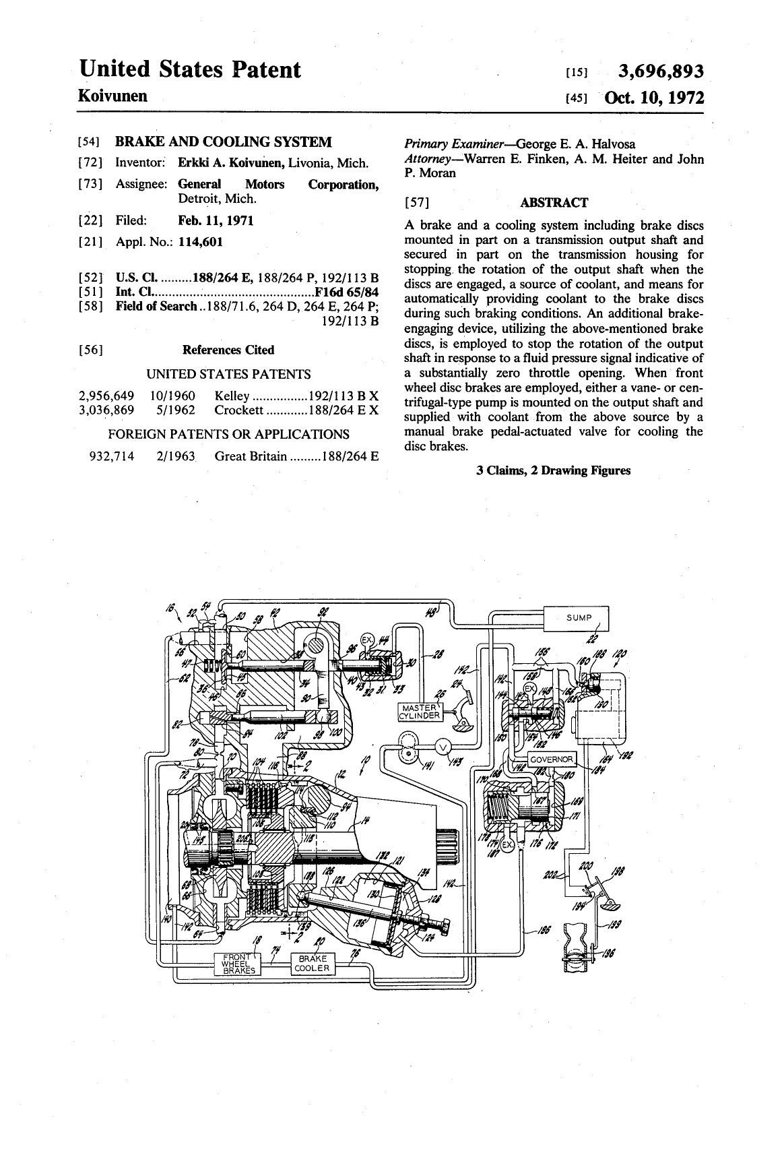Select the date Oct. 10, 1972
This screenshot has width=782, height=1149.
click(655, 98)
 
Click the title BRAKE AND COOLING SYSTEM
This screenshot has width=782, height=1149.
click(224, 142)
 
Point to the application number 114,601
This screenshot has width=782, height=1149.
click(200, 241)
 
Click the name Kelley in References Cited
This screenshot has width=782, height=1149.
click(232, 396)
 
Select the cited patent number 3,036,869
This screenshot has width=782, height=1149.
click(106, 410)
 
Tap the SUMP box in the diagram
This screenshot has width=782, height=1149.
click(579, 617)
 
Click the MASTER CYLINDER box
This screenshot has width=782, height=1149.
click(420, 712)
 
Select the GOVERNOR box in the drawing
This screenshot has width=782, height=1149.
click(552, 759)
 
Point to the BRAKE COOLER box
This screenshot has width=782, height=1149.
click(312, 964)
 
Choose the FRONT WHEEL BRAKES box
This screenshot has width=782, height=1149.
click(238, 964)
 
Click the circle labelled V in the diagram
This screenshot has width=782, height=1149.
click(443, 746)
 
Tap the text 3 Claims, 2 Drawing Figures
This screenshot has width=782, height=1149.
click(553, 470)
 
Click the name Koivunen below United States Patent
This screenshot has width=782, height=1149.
click(113, 96)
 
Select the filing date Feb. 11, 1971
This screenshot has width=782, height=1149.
click(216, 220)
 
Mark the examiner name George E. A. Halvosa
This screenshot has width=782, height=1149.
click(575, 144)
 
